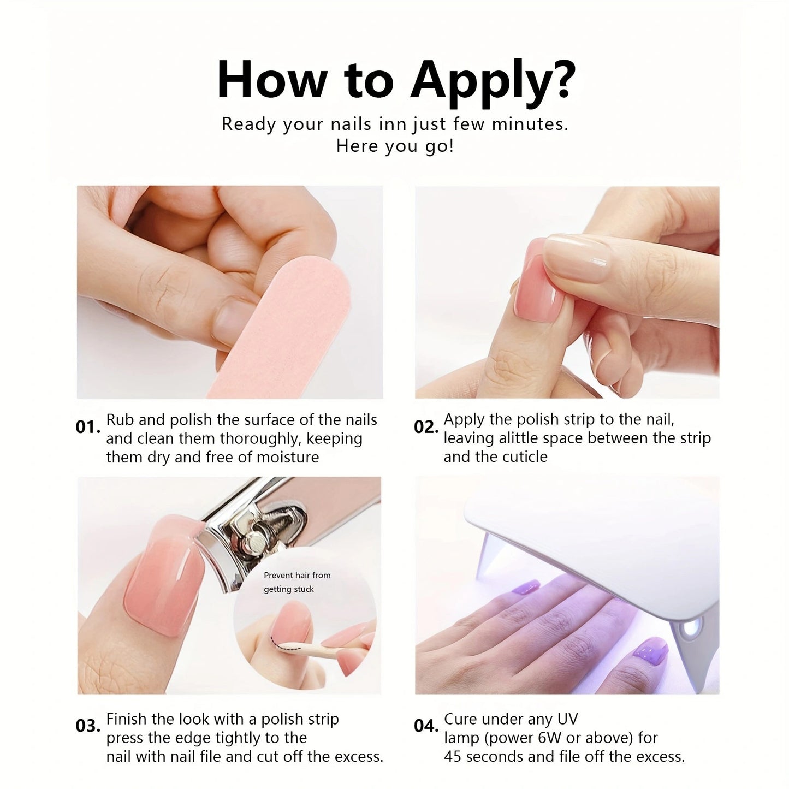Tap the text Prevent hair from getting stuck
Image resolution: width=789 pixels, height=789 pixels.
(297, 582)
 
